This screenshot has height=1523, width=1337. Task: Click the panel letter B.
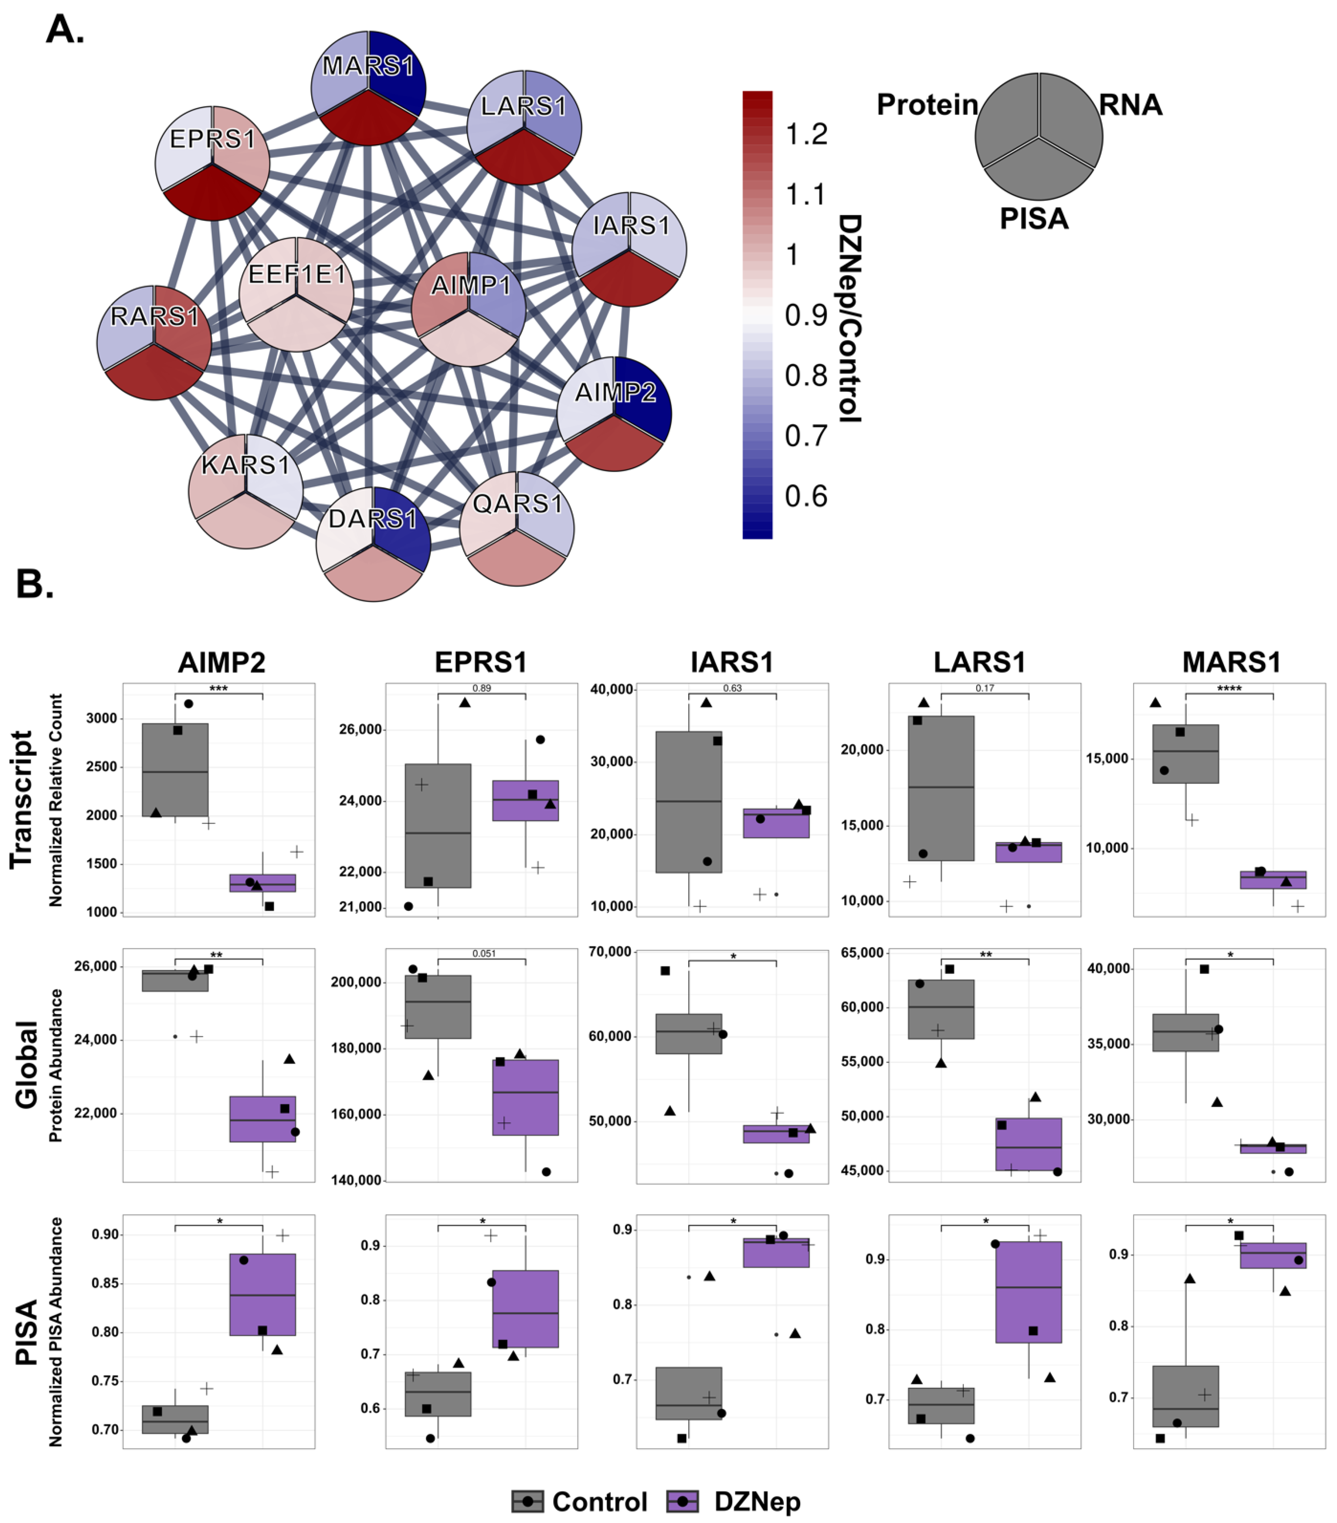tap(34, 584)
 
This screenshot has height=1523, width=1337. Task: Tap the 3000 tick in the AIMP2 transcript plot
tap(101, 718)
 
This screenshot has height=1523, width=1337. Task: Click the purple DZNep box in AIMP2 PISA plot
tap(262, 1294)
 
